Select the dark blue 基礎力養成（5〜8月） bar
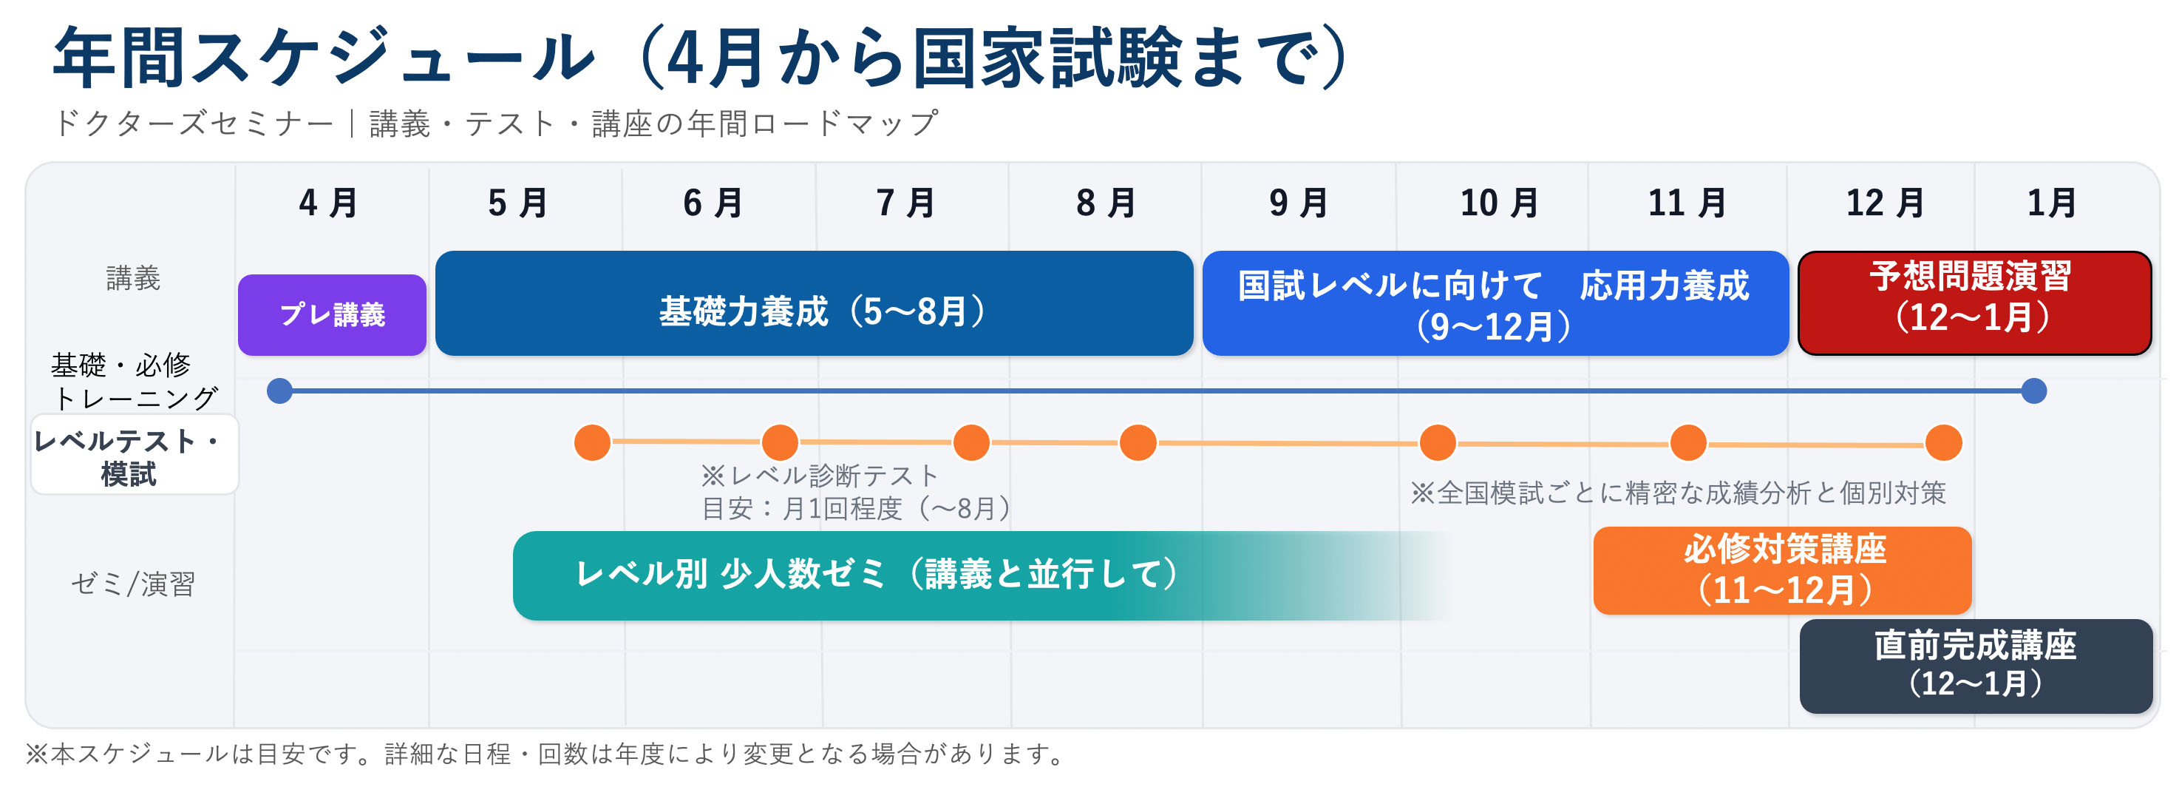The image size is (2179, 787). pos(814,303)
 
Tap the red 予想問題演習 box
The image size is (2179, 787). pos(1974,303)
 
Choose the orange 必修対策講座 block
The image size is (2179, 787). pos(1782,570)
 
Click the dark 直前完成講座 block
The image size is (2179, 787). pos(1975,665)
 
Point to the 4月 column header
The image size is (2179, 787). pos(329,204)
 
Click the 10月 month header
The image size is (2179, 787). pos(1499,204)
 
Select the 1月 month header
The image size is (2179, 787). pos(2051,204)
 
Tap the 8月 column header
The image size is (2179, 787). pos(1106,204)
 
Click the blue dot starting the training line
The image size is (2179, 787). pos(279,391)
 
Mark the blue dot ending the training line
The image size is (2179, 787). pos(2033,391)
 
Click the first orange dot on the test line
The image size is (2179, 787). pos(592,442)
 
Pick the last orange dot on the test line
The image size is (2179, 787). pos(1943,444)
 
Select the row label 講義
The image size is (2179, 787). pos(133,278)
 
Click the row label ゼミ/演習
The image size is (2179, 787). pos(133,584)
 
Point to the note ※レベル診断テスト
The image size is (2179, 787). pos(819,476)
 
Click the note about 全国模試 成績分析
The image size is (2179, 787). pos(1677,493)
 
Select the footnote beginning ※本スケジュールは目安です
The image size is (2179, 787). pos(545,753)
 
